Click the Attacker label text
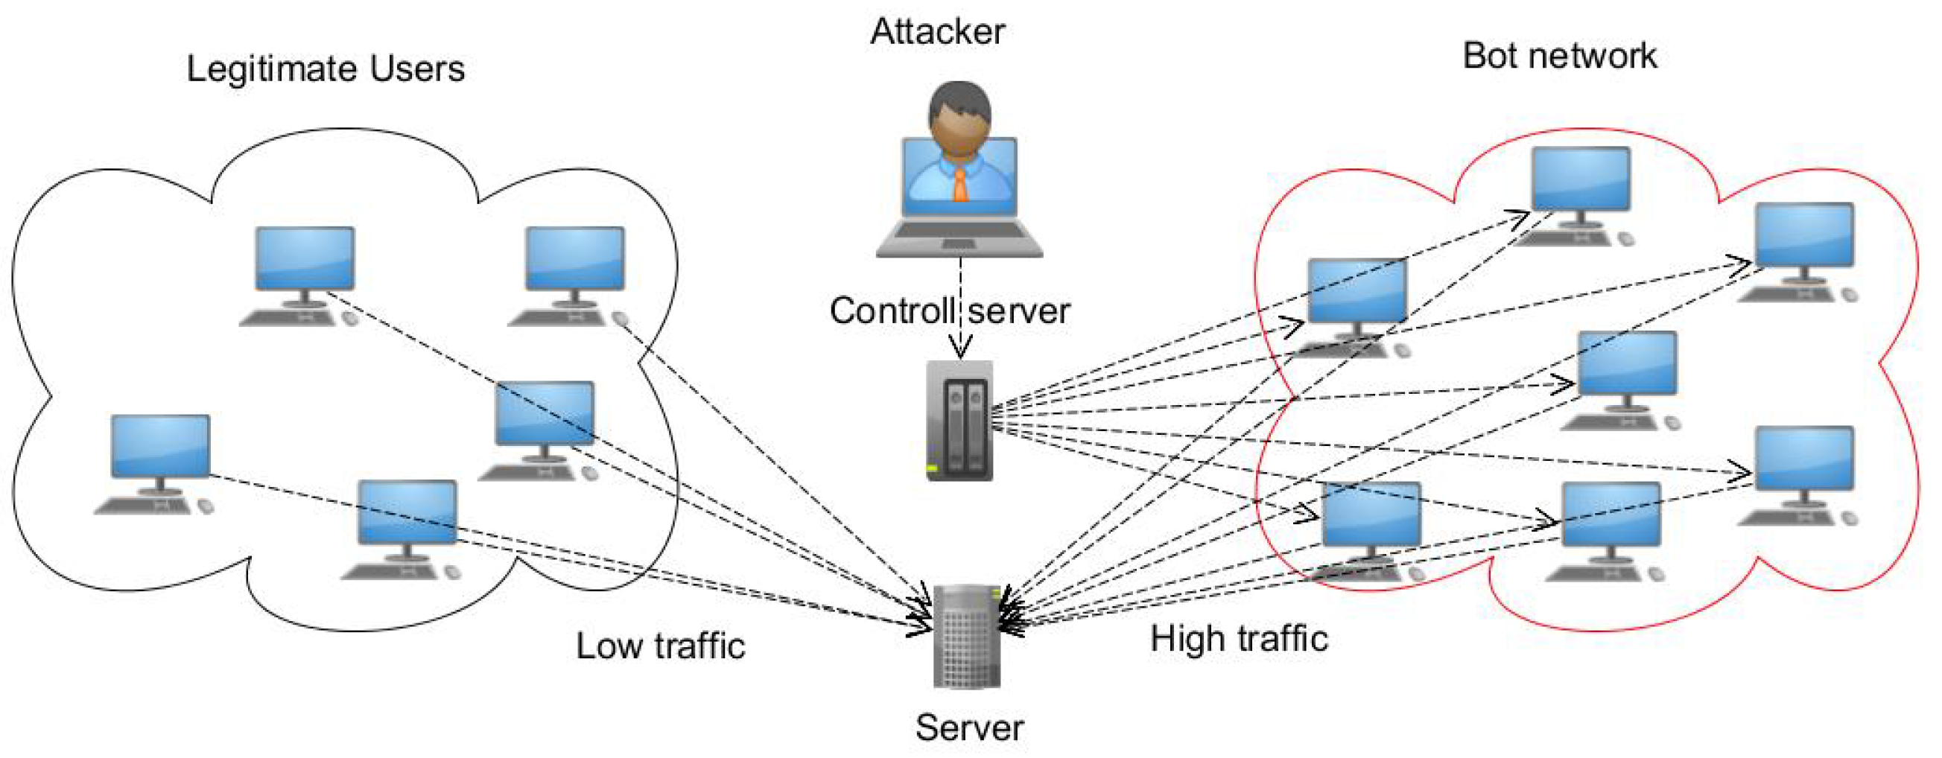click(x=937, y=32)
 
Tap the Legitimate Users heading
click(x=325, y=69)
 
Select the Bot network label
click(x=1559, y=57)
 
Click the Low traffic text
click(x=661, y=646)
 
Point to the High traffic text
click(x=1239, y=639)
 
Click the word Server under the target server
click(x=968, y=728)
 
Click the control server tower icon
click(x=959, y=421)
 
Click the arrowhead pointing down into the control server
click(x=959, y=349)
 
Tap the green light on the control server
click(x=932, y=468)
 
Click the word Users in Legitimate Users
click(x=406, y=69)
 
